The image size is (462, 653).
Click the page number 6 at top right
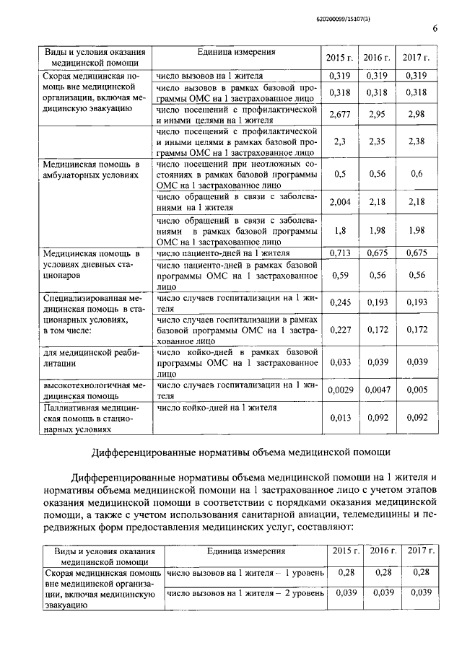pos(435,28)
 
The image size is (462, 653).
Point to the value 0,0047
pos(377,390)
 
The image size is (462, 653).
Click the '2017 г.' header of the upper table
pos(416,57)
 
